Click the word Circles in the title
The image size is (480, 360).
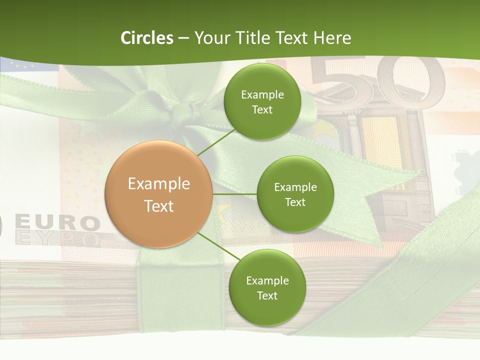146,38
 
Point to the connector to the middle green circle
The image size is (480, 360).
234,193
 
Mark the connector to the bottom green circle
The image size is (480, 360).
218,245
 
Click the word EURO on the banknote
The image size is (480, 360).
57,223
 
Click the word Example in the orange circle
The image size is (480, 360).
158,184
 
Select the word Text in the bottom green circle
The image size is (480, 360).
267,295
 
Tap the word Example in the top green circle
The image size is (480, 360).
262,94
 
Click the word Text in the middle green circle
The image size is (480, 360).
295,202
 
